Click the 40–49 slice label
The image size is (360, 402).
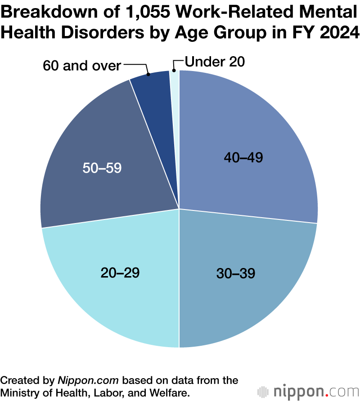click(243, 157)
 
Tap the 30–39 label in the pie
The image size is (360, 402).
click(236, 273)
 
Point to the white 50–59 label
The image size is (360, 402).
click(102, 168)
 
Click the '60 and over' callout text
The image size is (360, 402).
click(82, 66)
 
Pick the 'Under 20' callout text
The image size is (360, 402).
click(215, 62)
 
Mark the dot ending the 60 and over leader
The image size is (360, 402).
click(148, 74)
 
